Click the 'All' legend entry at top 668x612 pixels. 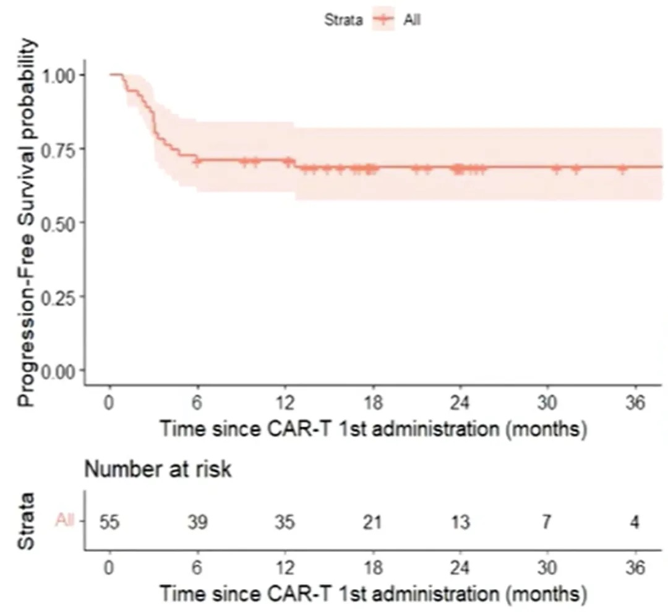point(413,19)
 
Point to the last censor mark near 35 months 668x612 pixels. point(622,168)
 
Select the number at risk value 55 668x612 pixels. point(110,522)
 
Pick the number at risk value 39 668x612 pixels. point(197,522)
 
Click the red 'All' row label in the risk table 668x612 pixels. point(65,520)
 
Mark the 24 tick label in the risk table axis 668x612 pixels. point(460,567)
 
